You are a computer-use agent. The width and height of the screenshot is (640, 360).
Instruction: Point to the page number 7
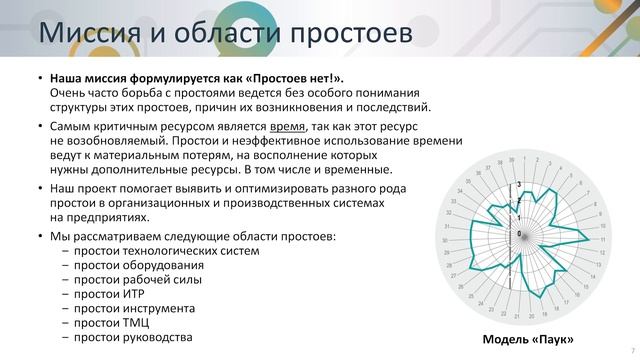(633, 351)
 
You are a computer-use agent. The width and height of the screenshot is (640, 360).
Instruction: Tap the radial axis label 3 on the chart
(519, 184)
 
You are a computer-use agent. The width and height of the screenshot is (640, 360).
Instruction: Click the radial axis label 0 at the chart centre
(519, 234)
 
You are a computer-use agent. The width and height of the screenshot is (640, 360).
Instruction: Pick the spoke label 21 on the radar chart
(515, 316)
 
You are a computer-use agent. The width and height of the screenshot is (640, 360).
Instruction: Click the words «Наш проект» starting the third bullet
(81, 188)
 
